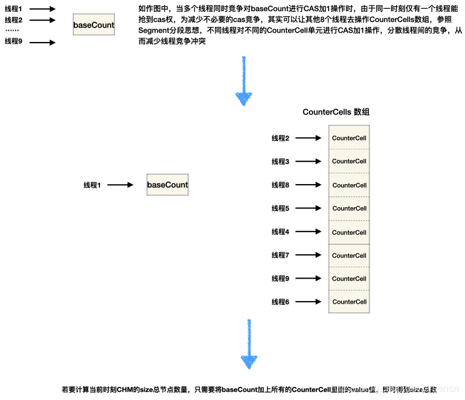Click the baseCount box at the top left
94,25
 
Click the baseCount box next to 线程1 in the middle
167,185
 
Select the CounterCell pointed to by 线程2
349,138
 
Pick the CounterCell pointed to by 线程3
349,162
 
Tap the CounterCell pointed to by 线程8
349,185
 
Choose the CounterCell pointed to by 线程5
349,208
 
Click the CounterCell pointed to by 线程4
349,232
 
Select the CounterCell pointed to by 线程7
349,255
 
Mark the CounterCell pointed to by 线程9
349,279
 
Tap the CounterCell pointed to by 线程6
349,302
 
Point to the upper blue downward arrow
243,81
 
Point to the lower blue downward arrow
248,344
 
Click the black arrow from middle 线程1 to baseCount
121,185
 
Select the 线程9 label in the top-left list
13,41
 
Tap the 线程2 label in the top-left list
13,20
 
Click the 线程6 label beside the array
280,302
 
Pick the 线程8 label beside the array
280,185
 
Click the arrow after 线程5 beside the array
309,208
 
